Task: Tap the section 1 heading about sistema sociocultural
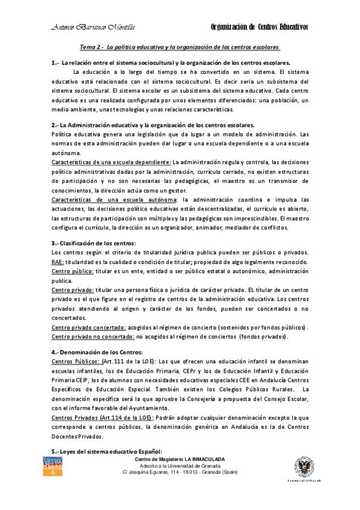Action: [x=171, y=63]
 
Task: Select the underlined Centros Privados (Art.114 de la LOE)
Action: [x=103, y=417]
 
